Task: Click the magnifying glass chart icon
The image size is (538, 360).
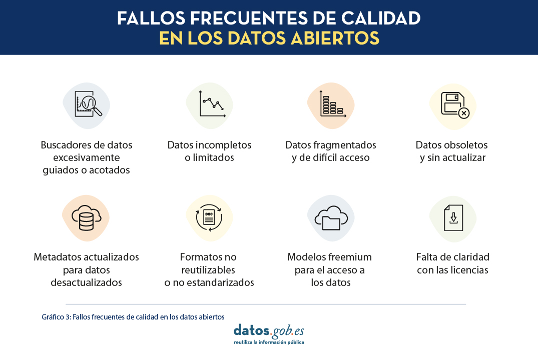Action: (x=88, y=103)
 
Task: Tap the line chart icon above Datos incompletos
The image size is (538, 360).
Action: (x=212, y=103)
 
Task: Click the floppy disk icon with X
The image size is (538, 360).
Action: (x=455, y=105)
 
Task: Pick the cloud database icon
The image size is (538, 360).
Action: (x=87, y=217)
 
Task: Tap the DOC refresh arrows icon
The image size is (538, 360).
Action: (x=209, y=217)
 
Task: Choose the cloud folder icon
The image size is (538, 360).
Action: (x=331, y=218)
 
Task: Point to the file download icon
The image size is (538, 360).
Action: (x=453, y=217)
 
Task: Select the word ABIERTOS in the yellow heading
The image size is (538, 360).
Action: (x=335, y=38)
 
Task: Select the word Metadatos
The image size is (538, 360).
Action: (x=57, y=257)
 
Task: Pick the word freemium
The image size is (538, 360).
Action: (x=351, y=257)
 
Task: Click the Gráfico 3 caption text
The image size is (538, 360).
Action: (x=133, y=317)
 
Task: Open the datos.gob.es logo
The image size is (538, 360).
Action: (x=269, y=331)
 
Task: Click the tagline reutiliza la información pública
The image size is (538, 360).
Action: (x=269, y=342)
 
